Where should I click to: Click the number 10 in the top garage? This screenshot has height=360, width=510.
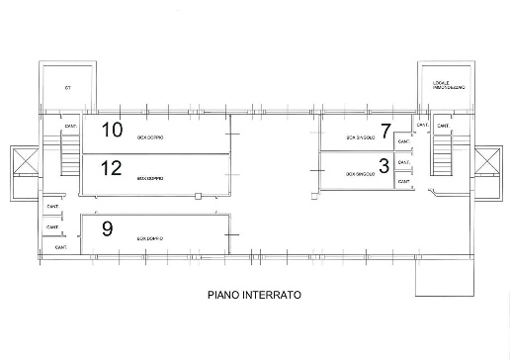point(112,130)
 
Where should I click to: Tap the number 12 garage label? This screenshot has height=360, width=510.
point(111,166)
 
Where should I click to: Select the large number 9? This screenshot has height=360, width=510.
point(107,228)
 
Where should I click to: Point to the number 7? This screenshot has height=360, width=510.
point(385,130)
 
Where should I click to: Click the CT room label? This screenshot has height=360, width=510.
point(69,88)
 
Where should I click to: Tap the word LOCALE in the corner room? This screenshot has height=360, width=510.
point(440,82)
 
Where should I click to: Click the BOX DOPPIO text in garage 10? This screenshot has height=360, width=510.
point(149,137)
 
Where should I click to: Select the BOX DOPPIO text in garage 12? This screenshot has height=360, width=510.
point(149,179)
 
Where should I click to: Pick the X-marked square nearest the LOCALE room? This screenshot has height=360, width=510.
point(487,162)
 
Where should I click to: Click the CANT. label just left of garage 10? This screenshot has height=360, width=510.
point(70,127)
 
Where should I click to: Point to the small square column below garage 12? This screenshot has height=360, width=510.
point(199,198)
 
